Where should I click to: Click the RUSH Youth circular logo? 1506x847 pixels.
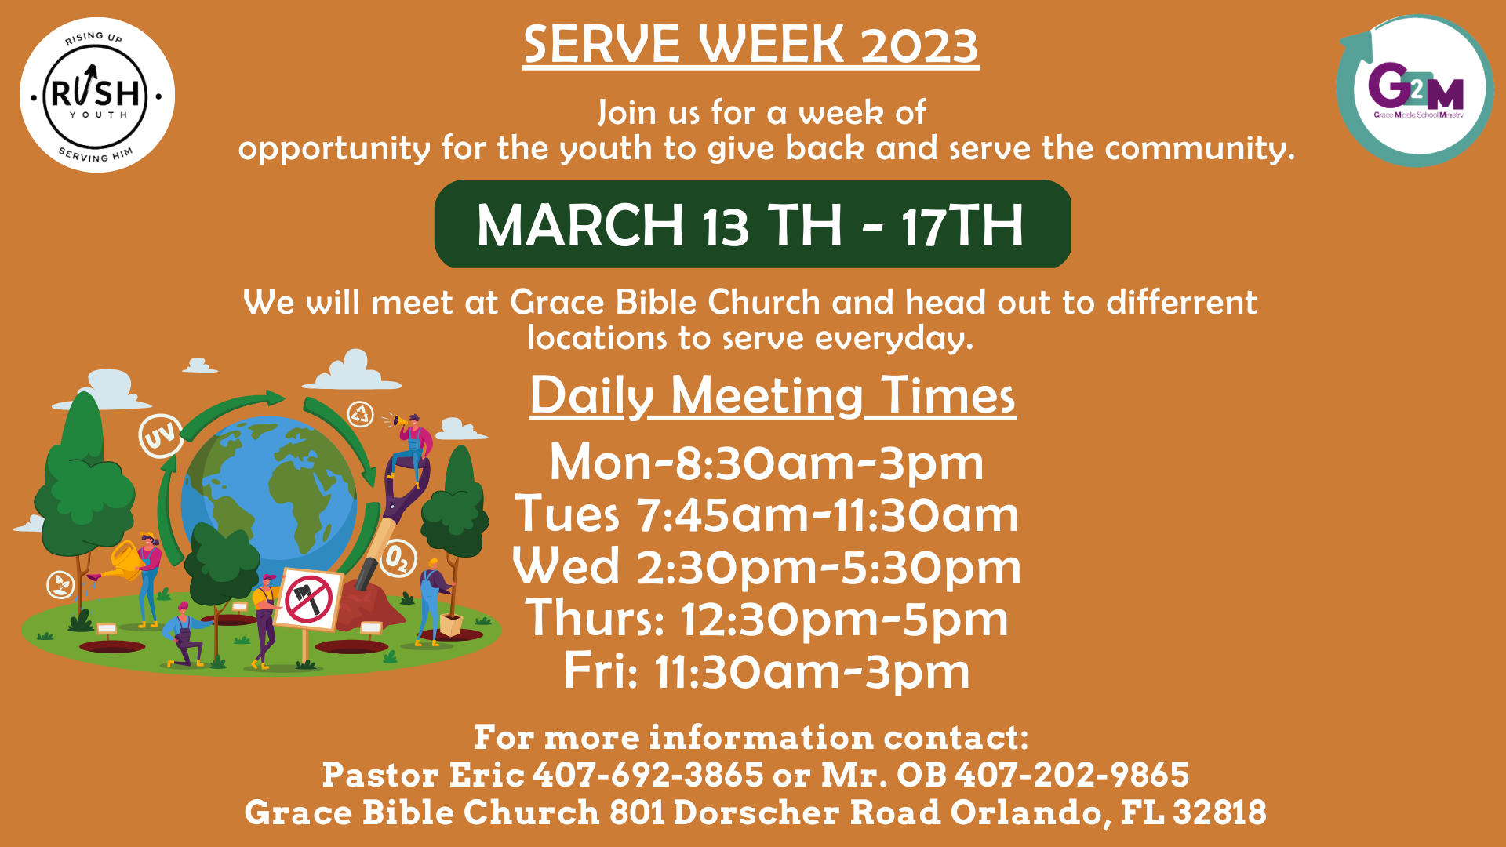[x=96, y=95]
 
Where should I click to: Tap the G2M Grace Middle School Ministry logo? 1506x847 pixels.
[x=1415, y=90]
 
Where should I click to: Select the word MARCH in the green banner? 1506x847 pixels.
[x=580, y=226]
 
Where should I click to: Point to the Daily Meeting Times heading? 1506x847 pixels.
[x=773, y=395]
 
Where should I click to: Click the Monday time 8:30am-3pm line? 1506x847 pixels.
[x=766, y=463]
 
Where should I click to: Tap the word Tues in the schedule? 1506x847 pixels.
[x=567, y=515]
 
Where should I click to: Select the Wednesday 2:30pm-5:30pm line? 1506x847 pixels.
[x=766, y=567]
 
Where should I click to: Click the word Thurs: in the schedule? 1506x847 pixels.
[x=595, y=619]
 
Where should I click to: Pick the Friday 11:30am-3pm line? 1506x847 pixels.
[x=766, y=671]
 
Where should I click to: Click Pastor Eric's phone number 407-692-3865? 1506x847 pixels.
[x=648, y=775]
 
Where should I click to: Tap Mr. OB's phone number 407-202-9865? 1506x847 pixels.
[x=1071, y=775]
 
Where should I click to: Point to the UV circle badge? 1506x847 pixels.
[x=161, y=435]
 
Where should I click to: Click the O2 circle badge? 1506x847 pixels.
[x=398, y=558]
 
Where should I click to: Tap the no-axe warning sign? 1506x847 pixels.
[x=308, y=600]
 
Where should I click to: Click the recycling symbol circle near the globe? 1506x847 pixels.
[x=360, y=414]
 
